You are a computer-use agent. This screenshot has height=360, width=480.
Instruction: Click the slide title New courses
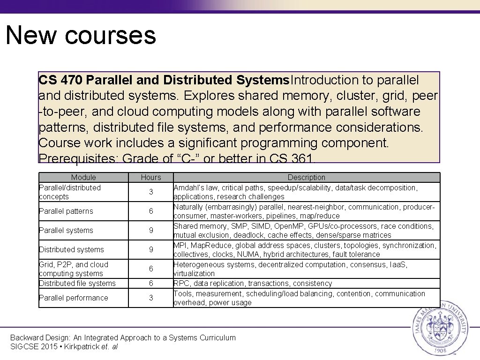coord(81,36)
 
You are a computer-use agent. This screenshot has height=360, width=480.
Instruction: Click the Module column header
coord(83,177)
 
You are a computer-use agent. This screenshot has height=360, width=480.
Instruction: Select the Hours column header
coord(151,177)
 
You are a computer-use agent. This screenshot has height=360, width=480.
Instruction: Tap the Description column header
coord(306,177)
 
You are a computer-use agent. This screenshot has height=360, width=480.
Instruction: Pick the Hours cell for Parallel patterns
coord(151,211)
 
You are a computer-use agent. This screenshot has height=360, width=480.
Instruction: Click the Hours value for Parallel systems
coord(151,231)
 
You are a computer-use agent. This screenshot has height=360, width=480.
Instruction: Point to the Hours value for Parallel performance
coord(151,298)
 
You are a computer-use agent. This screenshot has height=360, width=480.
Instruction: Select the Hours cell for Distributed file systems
coord(151,284)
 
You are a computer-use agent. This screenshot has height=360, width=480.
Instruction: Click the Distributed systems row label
coord(71,250)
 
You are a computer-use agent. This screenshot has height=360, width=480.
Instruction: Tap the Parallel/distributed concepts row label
coord(70,192)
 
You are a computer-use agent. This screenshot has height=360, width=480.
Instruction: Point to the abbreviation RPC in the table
coord(181,284)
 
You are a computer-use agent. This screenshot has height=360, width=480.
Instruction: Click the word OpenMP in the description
coord(288,226)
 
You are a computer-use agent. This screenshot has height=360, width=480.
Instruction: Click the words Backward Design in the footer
coord(36,337)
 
